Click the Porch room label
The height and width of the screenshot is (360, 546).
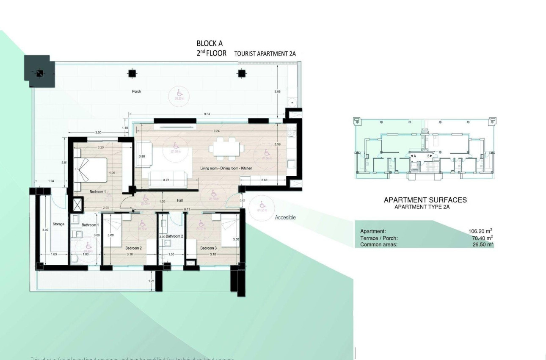[x=136, y=91]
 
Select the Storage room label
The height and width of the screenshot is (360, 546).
[x=58, y=224]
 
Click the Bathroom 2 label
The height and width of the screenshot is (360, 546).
[x=174, y=236]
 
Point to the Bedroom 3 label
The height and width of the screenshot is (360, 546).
[x=208, y=248]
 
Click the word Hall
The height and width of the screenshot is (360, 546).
[x=180, y=201]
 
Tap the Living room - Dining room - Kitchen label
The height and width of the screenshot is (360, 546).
[x=226, y=169]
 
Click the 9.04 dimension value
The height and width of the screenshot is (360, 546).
[x=207, y=114]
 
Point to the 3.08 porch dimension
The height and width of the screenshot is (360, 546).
[x=278, y=91]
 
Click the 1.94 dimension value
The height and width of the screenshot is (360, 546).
[x=51, y=181]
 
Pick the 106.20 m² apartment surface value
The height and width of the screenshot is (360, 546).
[x=480, y=231]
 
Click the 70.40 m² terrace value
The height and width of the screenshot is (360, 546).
[x=481, y=238]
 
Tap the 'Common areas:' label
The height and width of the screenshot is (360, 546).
[x=378, y=244]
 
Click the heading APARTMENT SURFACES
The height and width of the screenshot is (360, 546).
[x=425, y=200]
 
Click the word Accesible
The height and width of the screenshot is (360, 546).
[x=285, y=217]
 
